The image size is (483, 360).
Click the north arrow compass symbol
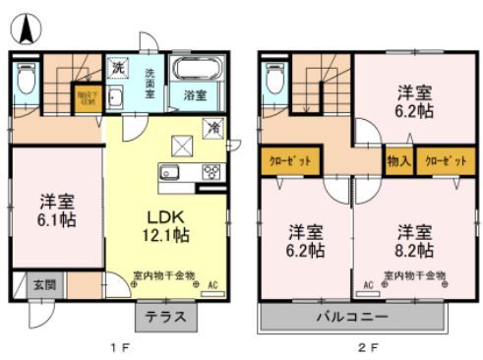pos(27,27)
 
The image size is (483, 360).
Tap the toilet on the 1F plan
pos(27,76)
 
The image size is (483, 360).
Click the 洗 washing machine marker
pos(117,69)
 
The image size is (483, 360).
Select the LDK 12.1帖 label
pos(168,225)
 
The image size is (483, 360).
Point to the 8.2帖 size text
pos(415,251)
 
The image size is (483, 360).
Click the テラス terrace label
pos(166,318)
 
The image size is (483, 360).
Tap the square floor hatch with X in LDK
pos(183,146)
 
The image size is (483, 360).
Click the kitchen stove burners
pos(211,172)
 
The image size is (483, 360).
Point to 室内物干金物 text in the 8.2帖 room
pos(412,274)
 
